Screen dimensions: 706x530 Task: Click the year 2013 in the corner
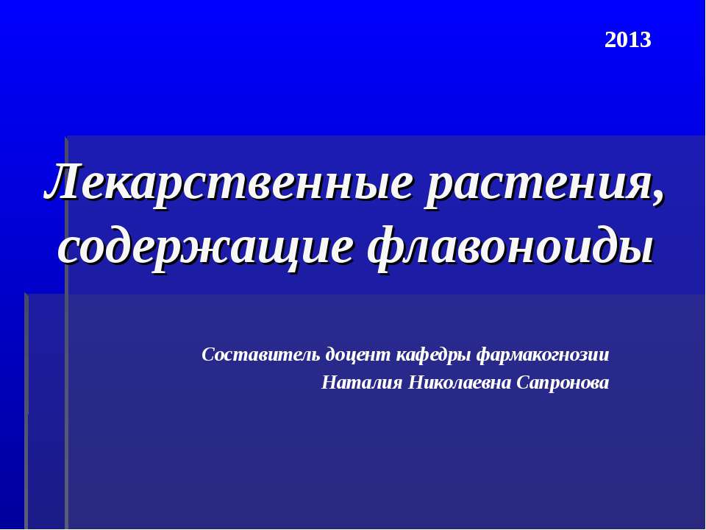[627, 40]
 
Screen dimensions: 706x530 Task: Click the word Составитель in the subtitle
[261, 355]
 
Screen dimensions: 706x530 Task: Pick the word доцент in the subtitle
[358, 356]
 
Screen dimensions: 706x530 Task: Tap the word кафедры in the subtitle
[434, 356]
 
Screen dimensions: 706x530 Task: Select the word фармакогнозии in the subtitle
[543, 356]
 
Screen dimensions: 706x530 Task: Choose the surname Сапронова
[563, 384]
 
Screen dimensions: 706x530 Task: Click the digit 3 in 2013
[645, 40]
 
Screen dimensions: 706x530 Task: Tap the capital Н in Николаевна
[416, 383]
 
